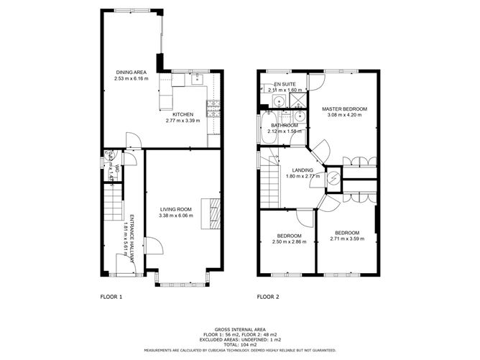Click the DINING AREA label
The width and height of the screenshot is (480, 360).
pos(131,72)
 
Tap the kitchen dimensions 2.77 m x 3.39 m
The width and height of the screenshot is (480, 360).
pos(183,121)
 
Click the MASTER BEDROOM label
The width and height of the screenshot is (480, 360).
pos(344,109)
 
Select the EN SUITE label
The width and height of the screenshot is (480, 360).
pos(285,84)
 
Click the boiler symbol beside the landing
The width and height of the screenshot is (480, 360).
pos(334,178)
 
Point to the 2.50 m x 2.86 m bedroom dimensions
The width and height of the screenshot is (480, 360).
pos(289,241)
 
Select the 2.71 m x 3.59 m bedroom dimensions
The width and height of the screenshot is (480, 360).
pos(347,238)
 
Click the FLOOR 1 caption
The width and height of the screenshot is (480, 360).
pos(111,296)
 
